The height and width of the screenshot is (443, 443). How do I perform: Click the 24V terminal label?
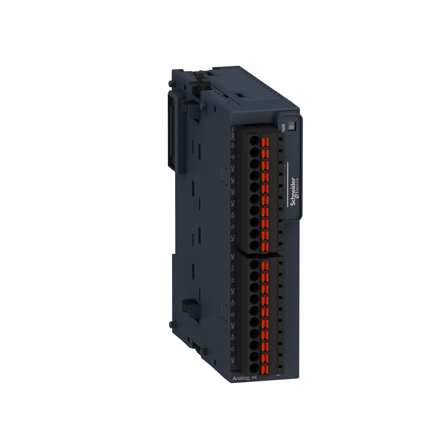click(233, 134)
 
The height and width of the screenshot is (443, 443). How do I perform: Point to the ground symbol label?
click(233, 157)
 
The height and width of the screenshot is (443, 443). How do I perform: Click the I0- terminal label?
click(233, 227)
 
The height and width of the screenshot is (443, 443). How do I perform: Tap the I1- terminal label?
click(233, 280)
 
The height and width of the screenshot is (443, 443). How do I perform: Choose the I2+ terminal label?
click(233, 302)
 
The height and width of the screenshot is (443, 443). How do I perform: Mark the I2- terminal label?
click(233, 314)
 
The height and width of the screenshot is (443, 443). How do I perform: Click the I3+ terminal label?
click(233, 337)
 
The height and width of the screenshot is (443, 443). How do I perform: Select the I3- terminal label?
click(233, 348)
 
